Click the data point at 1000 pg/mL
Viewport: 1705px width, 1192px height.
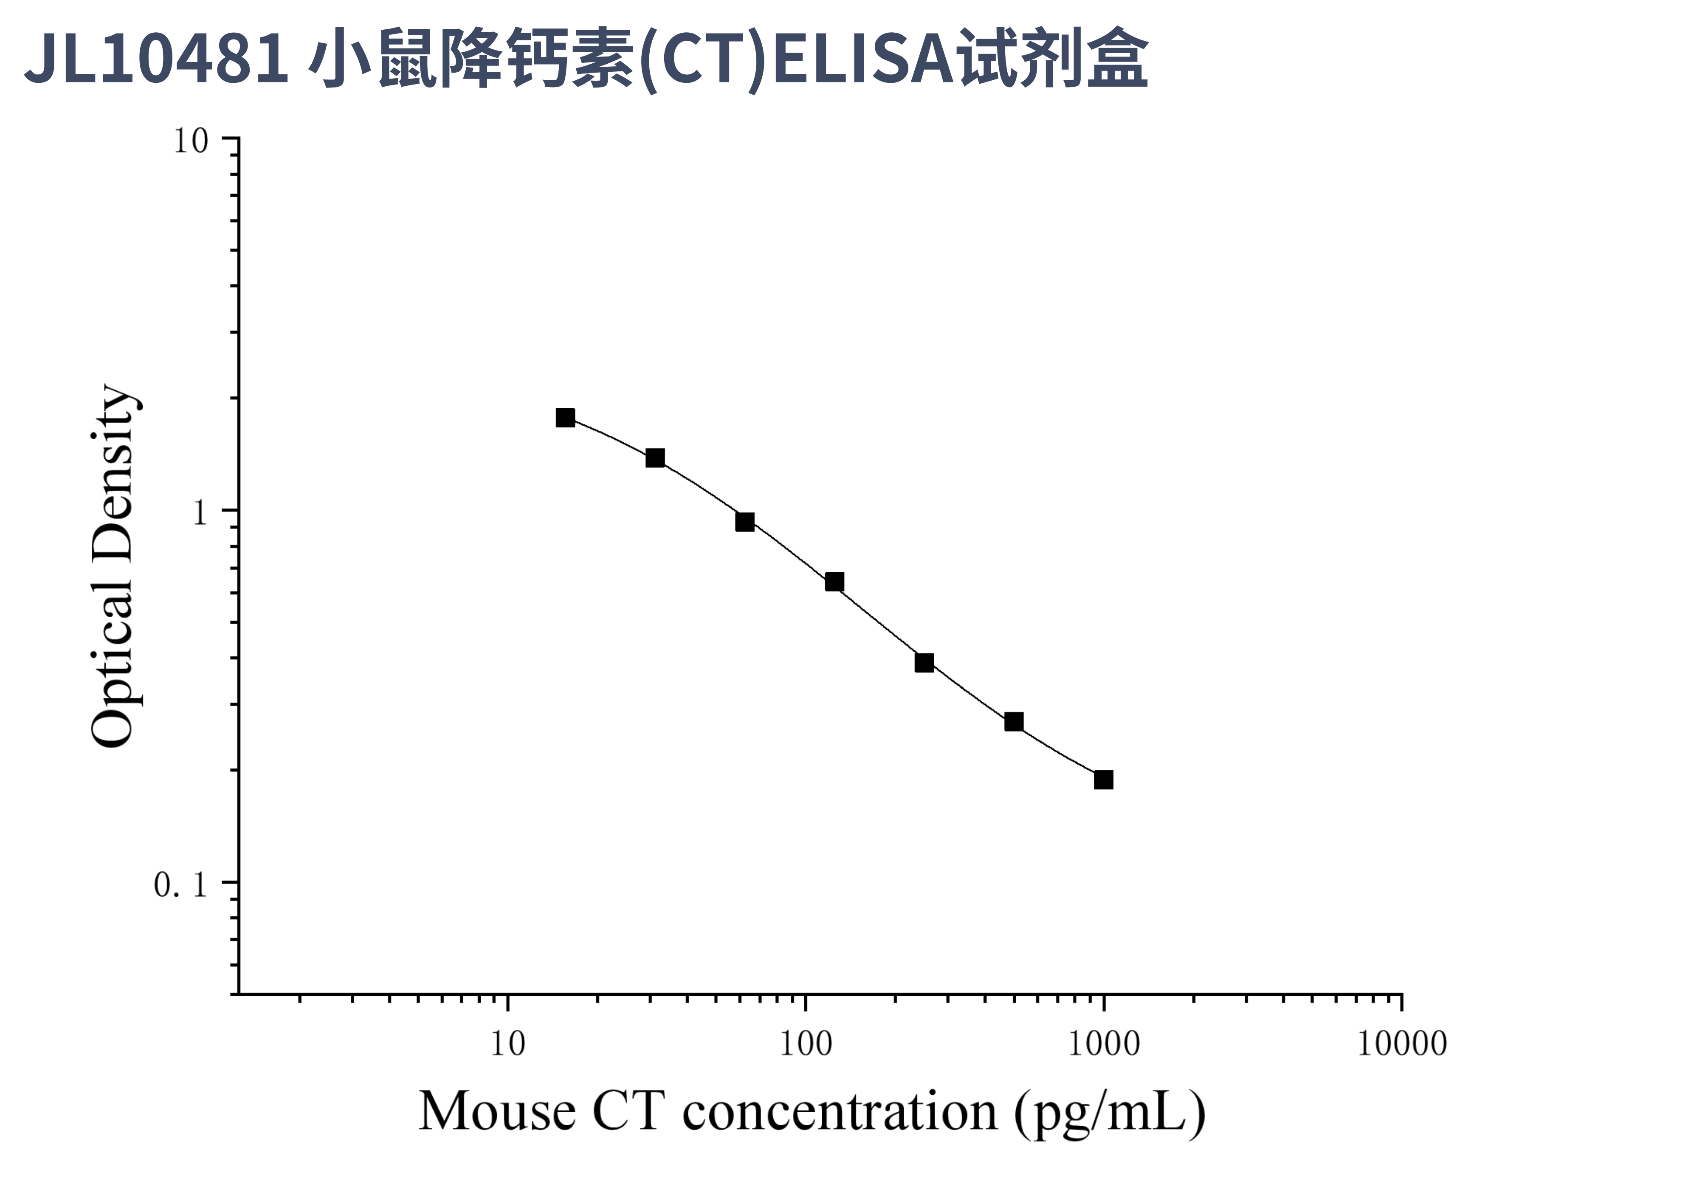(x=1104, y=779)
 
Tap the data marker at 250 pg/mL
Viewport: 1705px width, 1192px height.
(x=924, y=662)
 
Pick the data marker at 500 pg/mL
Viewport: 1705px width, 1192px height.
(x=1014, y=722)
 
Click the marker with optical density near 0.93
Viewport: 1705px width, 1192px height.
(x=745, y=522)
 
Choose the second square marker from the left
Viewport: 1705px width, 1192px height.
(x=655, y=458)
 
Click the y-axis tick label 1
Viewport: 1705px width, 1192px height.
(x=199, y=512)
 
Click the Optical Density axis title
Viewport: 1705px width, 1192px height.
(x=113, y=566)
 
